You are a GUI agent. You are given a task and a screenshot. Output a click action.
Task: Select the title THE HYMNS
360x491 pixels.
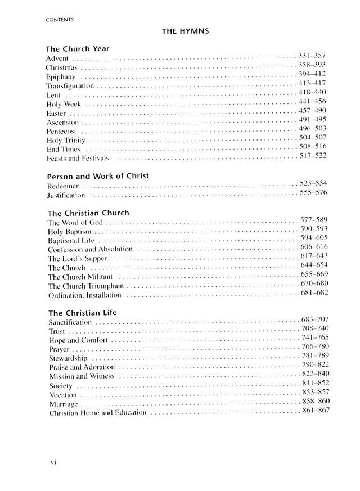tap(186, 32)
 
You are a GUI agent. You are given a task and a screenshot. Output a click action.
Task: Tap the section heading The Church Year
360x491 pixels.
tap(77, 48)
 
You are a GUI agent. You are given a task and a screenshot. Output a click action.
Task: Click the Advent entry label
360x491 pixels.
tap(57, 58)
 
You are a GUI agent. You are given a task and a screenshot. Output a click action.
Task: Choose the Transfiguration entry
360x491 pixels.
tap(70, 86)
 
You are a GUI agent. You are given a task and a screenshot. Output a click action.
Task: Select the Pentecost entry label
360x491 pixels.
tap(61, 132)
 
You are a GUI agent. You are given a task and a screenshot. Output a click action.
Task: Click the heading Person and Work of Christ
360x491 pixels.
tap(97, 176)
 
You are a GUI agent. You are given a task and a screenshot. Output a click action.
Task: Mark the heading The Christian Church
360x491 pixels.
tap(88, 213)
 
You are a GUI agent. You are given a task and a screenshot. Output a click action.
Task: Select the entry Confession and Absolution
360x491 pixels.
tap(90, 250)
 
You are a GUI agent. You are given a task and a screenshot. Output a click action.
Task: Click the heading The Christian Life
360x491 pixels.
tap(82, 312)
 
